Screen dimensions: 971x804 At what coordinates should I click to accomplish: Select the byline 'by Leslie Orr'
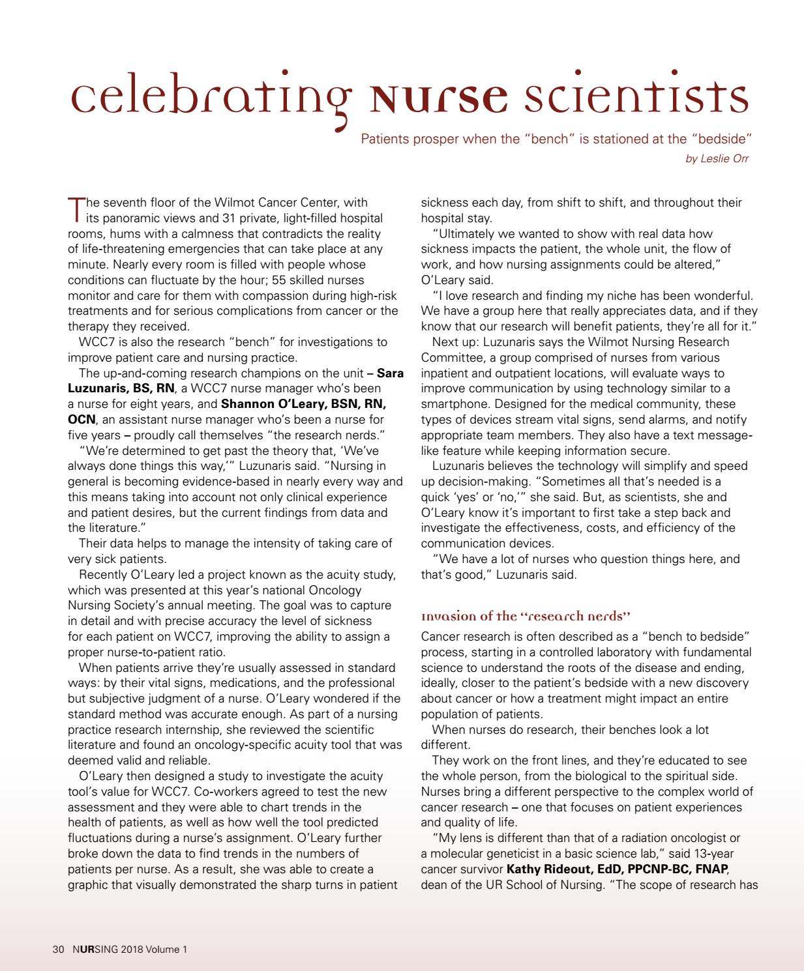717,158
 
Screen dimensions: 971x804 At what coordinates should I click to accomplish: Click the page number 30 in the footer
57,949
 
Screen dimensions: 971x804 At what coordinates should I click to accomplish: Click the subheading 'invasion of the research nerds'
526,616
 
